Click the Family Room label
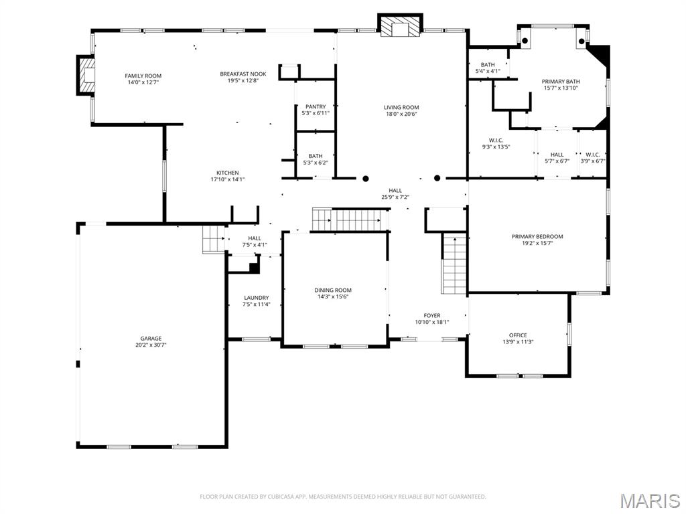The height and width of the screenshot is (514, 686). (x=143, y=76)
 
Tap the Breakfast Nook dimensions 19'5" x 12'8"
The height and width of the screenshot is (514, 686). (x=243, y=81)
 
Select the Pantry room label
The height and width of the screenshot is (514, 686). (x=316, y=106)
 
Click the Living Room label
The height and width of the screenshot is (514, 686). (x=401, y=107)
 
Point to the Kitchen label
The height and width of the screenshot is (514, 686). (x=227, y=173)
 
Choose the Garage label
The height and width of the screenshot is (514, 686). (x=151, y=339)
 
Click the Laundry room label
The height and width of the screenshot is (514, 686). (x=256, y=298)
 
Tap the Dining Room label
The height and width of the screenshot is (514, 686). (x=333, y=290)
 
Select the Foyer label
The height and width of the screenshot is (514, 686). (x=432, y=315)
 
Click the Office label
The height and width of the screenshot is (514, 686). (x=518, y=335)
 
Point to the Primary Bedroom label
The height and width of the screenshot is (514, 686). (x=537, y=236)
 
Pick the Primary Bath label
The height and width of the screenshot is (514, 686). (x=561, y=82)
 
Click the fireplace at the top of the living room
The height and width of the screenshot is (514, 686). (x=401, y=27)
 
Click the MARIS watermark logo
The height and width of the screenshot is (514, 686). (x=649, y=501)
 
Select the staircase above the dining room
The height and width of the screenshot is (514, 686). (x=351, y=219)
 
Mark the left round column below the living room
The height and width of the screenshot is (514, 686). (x=366, y=179)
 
